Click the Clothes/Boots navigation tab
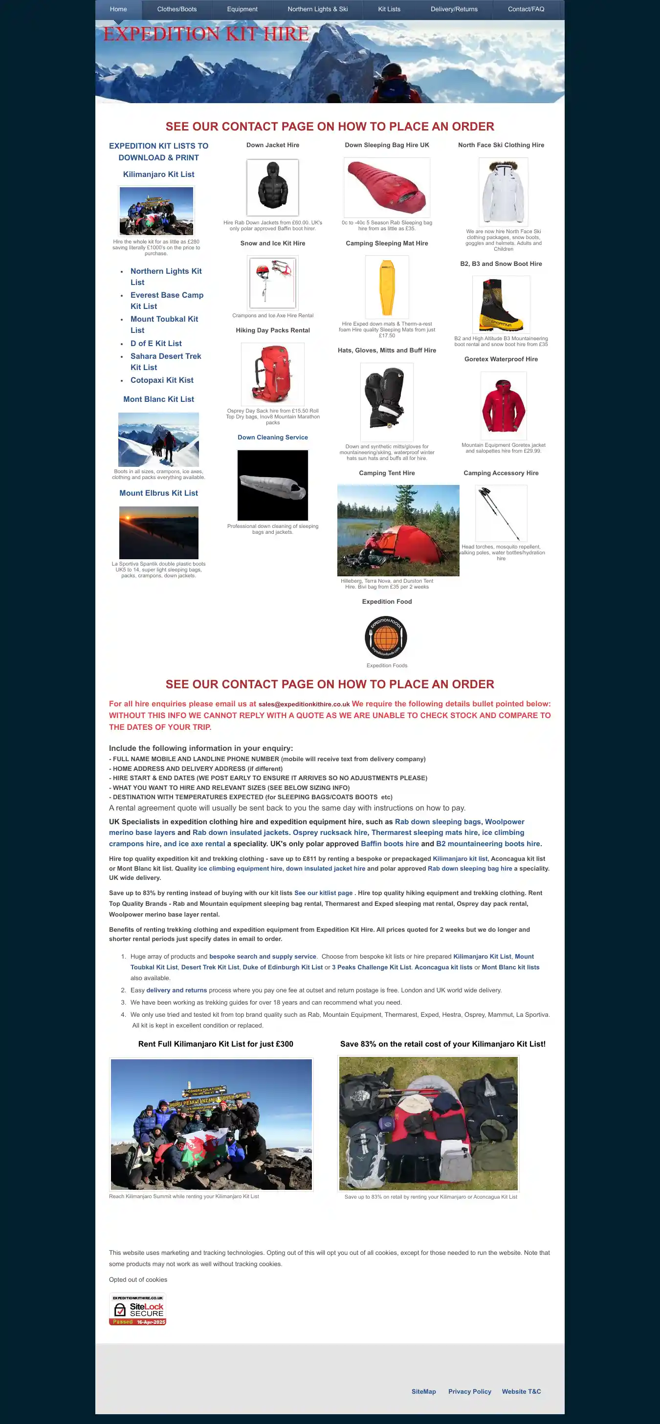pyautogui.click(x=177, y=9)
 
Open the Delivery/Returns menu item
pyautogui.click(x=454, y=9)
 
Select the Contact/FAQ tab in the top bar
pyautogui.click(x=526, y=9)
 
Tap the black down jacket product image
pyautogui.click(x=272, y=187)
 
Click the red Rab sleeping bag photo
pyautogui.click(x=387, y=187)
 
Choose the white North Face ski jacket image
pyautogui.click(x=503, y=191)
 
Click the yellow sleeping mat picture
pyautogui.click(x=387, y=286)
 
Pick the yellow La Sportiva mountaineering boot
pyautogui.click(x=501, y=305)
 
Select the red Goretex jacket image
pyautogui.click(x=503, y=406)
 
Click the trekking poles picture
pyautogui.click(x=500, y=513)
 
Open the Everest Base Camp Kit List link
pyautogui.click(x=166, y=301)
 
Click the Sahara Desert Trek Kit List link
pyautogui.click(x=165, y=362)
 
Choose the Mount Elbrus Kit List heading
pyautogui.click(x=158, y=493)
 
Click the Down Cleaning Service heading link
pyautogui.click(x=272, y=437)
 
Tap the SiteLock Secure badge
pyautogui.click(x=138, y=1310)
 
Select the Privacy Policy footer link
pyautogui.click(x=469, y=1391)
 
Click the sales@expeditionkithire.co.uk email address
pyautogui.click(x=304, y=704)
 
